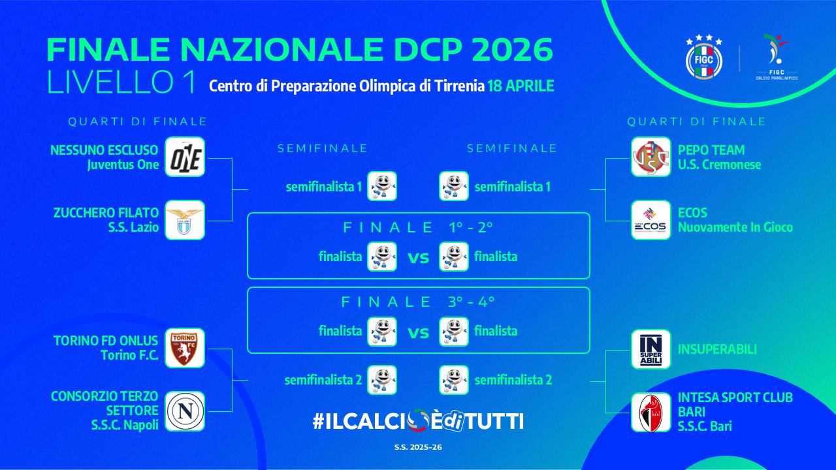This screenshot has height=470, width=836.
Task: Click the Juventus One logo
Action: pyautogui.click(x=185, y=157)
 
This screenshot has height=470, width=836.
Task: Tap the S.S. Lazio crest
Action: pyautogui.click(x=185, y=220)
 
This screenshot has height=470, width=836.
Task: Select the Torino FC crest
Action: pyautogui.click(x=185, y=348)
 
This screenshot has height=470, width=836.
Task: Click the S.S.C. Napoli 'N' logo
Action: pyautogui.click(x=185, y=411)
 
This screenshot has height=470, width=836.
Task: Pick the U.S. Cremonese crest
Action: pyautogui.click(x=651, y=157)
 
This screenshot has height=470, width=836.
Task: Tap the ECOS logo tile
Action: pyautogui.click(x=651, y=220)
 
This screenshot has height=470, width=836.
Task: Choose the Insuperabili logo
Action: pyautogui.click(x=651, y=349)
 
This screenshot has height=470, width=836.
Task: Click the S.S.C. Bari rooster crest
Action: pyautogui.click(x=651, y=412)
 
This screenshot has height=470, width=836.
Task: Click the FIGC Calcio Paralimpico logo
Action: pyautogui.click(x=776, y=57)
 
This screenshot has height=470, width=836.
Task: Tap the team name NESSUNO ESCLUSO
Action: pyautogui.click(x=104, y=151)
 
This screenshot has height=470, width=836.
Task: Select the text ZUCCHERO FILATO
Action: pyautogui.click(x=106, y=213)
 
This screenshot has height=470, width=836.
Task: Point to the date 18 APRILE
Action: pyautogui.click(x=521, y=86)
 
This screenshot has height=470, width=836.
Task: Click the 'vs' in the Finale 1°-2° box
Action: pyautogui.click(x=418, y=258)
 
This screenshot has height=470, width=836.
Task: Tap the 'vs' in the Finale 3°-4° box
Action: pyautogui.click(x=418, y=332)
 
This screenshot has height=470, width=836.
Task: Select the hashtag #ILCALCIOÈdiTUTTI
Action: pyautogui.click(x=418, y=421)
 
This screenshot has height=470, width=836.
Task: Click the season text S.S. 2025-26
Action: pyautogui.click(x=418, y=447)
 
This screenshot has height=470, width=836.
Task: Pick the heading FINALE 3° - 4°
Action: pyautogui.click(x=418, y=302)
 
